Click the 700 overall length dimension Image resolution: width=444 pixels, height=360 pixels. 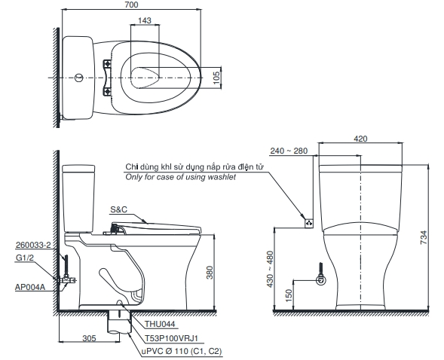tap(131, 5)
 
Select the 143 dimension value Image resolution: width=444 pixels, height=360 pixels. tap(145, 20)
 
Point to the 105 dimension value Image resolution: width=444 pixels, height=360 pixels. tap(216, 78)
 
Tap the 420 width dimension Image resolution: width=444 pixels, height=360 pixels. tap(360, 139)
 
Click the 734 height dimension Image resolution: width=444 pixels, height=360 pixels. tap(423, 237)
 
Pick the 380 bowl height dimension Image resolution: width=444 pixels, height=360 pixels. tap(210, 273)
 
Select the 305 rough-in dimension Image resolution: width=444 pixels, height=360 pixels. tap(89, 338)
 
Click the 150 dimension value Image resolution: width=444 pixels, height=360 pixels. tap(289, 295)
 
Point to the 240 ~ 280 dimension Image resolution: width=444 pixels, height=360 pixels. tap(289, 151)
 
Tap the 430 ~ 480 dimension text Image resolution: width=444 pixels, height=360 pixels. tap(270, 269)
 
